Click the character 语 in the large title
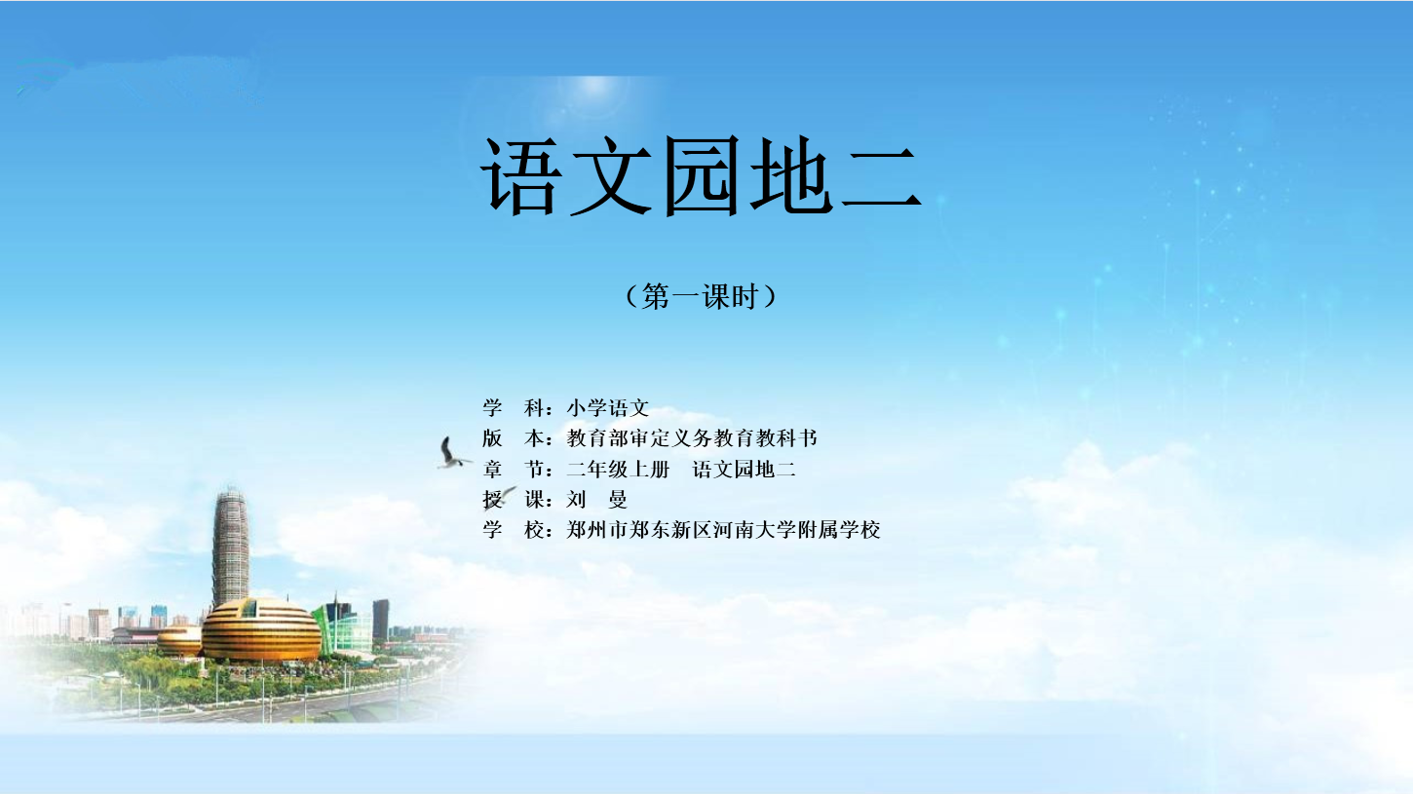520,176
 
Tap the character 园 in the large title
701,176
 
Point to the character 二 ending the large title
881,179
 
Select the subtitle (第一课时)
701,296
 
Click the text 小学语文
608,408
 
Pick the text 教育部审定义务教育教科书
692,438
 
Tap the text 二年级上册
618,470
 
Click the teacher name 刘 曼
596,500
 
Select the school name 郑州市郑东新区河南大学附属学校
723,530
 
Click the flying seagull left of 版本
451,454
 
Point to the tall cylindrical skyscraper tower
230,548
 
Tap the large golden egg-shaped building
261,629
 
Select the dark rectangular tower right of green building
381,620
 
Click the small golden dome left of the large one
179,641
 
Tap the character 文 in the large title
611,176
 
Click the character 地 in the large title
791,176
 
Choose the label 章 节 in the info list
514,470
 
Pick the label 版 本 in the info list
514,438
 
